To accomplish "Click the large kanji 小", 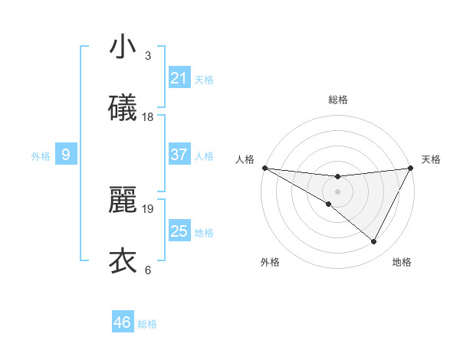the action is (123, 47).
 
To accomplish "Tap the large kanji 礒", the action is (123, 108).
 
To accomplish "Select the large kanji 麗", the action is (123, 201).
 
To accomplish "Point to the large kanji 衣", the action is (123, 261).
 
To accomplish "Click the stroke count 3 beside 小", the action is (147, 56).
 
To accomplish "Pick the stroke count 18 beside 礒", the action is (148, 117).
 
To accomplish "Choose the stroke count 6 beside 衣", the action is (147, 270).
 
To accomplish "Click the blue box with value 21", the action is (179, 78).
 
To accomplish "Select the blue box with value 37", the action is (179, 155).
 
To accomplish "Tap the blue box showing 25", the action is (179, 231).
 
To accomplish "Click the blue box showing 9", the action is (66, 155).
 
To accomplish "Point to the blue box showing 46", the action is (123, 322).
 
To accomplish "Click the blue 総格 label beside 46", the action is (147, 324).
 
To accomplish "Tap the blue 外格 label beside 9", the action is (41, 156).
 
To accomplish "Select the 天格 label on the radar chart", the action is (431, 159).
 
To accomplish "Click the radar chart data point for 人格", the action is (264, 167).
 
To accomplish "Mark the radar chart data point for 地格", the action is (374, 242).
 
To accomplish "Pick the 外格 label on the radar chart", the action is (270, 262).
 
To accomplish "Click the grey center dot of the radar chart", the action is (337, 190).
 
